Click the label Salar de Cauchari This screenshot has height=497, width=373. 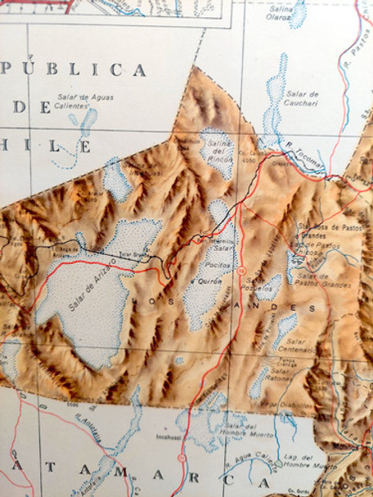pyautogui.click(x=303, y=100)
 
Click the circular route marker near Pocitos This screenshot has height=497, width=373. pyautogui.click(x=243, y=270)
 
